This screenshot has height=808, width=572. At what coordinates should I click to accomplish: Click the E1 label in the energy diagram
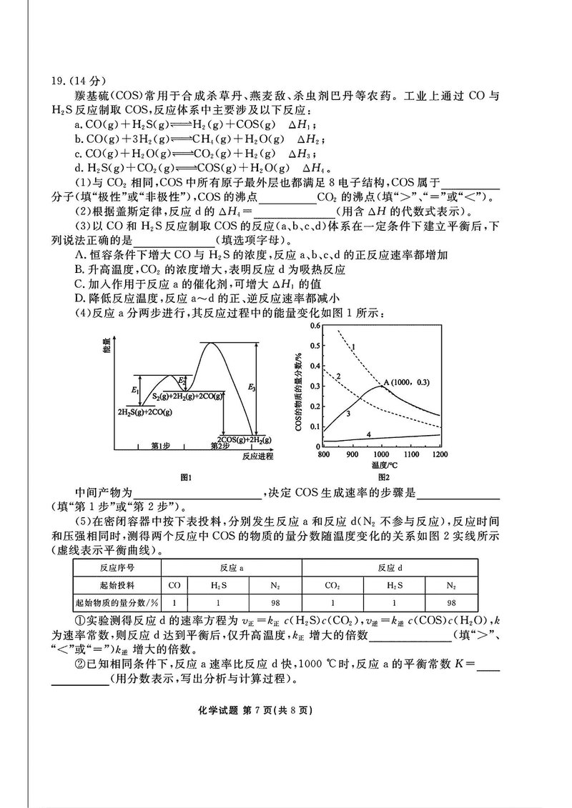pyautogui.click(x=134, y=390)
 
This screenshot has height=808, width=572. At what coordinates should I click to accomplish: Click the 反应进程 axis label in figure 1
pyautogui.click(x=257, y=455)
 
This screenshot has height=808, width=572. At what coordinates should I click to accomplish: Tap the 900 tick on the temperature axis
pyautogui.click(x=352, y=454)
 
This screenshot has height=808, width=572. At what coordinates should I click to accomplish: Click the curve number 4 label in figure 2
pyautogui.click(x=369, y=434)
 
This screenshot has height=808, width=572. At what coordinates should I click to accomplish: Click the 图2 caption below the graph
pyautogui.click(x=383, y=477)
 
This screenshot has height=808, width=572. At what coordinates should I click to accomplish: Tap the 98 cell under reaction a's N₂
pyautogui.click(x=275, y=602)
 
